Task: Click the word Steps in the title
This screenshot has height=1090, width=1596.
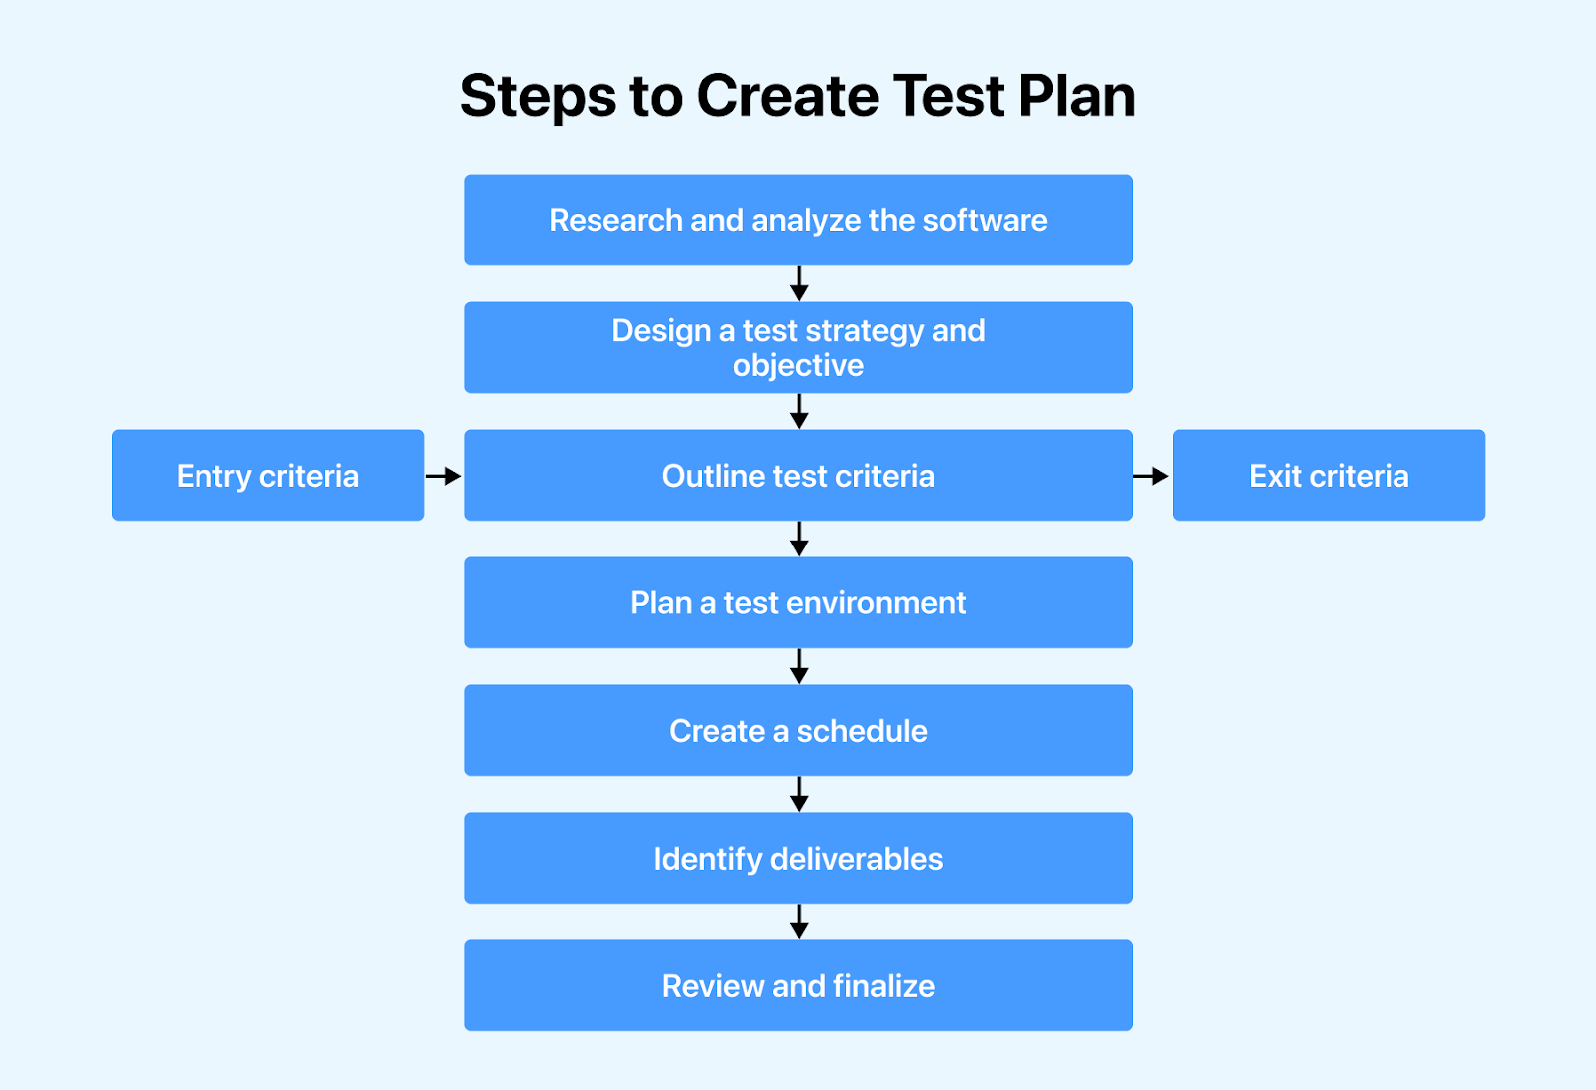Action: tap(538, 97)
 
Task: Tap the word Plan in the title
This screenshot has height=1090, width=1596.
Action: tap(1076, 96)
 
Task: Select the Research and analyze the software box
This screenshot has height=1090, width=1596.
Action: tap(798, 220)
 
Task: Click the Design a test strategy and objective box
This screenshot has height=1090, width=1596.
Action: tap(798, 348)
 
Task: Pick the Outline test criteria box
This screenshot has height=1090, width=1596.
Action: tap(798, 475)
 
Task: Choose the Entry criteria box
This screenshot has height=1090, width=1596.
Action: tap(268, 475)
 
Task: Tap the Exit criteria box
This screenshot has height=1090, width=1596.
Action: tap(1329, 475)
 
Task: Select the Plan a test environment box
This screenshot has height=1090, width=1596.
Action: tap(798, 602)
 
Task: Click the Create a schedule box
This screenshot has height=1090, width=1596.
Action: tap(798, 730)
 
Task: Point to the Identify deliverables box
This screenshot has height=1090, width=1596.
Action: tap(798, 858)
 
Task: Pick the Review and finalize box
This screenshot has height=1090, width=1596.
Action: tap(798, 985)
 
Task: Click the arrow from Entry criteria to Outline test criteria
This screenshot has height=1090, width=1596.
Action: tap(443, 475)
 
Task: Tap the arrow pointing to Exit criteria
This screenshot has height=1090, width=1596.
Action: tap(1151, 475)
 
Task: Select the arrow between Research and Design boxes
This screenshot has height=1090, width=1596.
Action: tap(799, 283)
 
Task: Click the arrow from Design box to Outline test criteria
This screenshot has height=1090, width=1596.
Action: tap(799, 411)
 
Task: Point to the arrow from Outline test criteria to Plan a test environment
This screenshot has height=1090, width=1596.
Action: tap(799, 539)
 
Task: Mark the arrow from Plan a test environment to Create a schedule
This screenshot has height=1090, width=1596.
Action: tap(799, 666)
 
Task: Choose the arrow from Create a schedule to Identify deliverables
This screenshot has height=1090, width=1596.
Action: tap(799, 794)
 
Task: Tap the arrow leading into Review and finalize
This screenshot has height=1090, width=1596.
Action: tap(799, 921)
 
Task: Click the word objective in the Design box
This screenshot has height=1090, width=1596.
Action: tap(798, 366)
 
